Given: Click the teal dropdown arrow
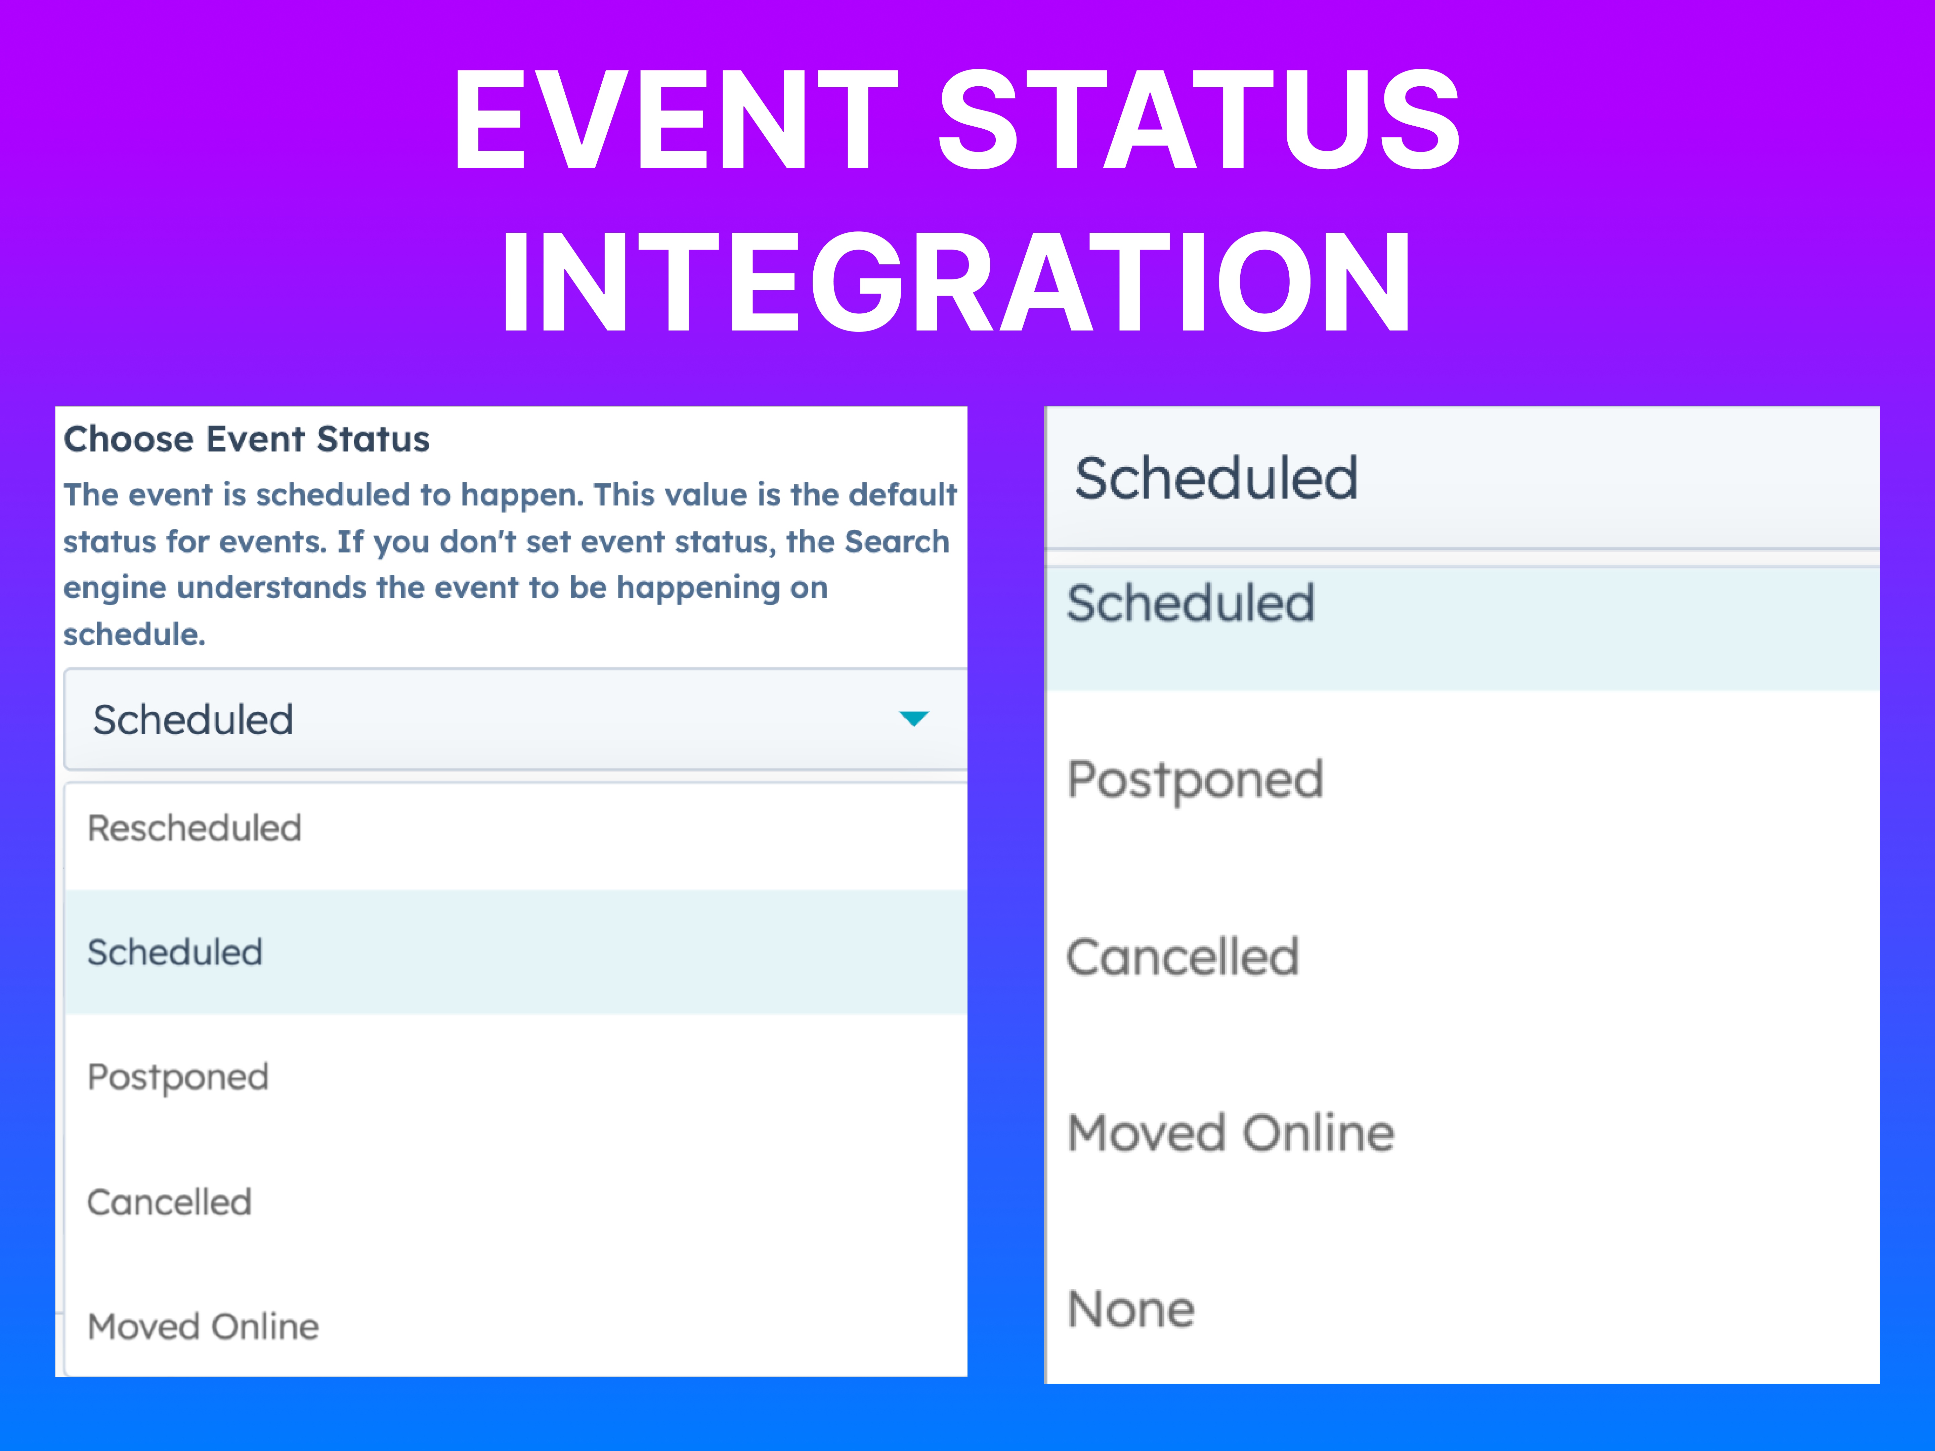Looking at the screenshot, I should coord(913,719).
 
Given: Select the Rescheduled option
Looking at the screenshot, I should coord(194,828).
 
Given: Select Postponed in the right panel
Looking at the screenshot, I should coord(1195,780).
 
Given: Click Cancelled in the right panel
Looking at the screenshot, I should coord(1183,957).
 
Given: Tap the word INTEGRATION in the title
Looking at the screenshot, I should coord(955,281).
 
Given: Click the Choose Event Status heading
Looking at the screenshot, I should coord(247,439).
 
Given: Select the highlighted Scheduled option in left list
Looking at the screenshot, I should coord(175,953).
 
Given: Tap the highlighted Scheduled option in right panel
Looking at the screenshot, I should coord(1191,604).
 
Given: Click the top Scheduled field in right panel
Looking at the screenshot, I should coord(1216,478).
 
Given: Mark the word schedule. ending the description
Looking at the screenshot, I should coord(134,634).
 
